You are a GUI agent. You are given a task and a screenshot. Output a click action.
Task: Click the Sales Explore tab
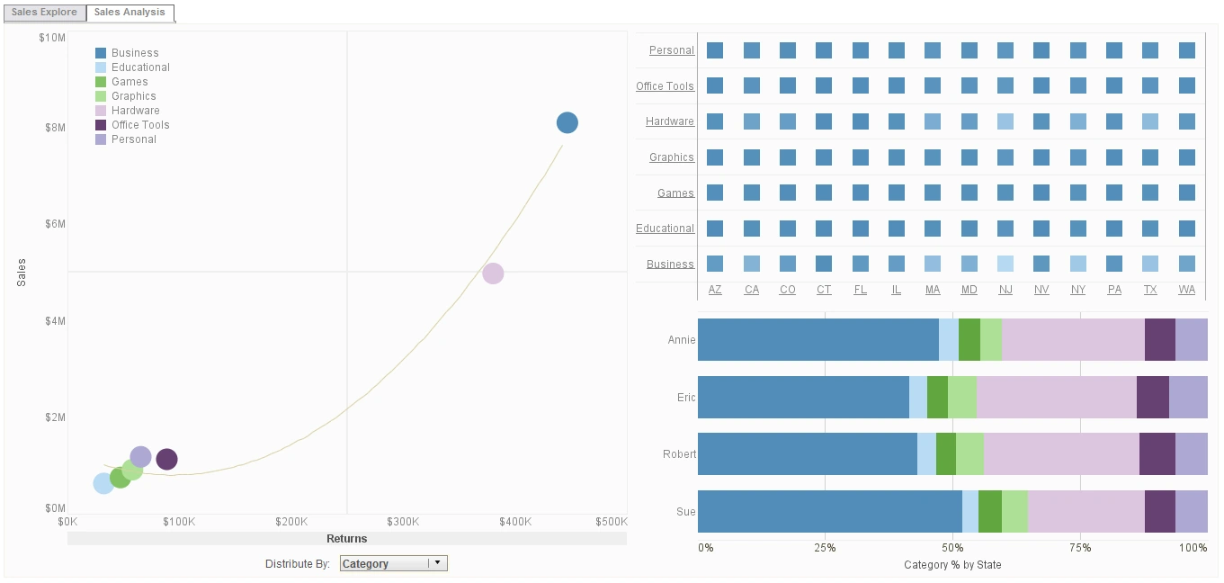pyautogui.click(x=44, y=13)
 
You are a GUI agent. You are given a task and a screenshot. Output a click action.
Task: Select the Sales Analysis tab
pyautogui.click(x=130, y=13)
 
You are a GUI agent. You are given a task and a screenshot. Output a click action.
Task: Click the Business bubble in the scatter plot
pyautogui.click(x=567, y=123)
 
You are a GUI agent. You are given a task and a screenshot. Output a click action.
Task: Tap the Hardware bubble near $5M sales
pyautogui.click(x=493, y=274)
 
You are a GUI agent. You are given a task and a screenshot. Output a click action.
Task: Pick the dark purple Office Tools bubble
pyautogui.click(x=166, y=460)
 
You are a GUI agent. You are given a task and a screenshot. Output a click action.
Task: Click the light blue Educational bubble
pyautogui.click(x=103, y=484)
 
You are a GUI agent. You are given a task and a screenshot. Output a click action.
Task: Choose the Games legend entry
pyautogui.click(x=129, y=82)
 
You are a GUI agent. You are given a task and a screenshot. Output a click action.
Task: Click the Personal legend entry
pyautogui.click(x=133, y=139)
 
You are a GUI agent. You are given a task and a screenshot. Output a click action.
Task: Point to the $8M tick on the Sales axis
pyautogui.click(x=54, y=128)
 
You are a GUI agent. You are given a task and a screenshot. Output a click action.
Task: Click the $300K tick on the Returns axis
pyautogui.click(x=403, y=522)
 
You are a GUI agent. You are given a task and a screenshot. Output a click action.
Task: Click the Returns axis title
pyautogui.click(x=347, y=539)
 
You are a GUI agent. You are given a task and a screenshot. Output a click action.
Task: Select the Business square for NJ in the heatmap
pyautogui.click(x=1005, y=264)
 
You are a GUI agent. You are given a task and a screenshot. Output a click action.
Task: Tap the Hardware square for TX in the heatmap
pyautogui.click(x=1150, y=121)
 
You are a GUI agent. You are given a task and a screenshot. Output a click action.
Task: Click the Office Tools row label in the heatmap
pyautogui.click(x=665, y=86)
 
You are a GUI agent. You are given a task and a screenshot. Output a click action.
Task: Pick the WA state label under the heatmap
pyautogui.click(x=1186, y=290)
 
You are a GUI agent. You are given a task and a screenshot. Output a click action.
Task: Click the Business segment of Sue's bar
pyautogui.click(x=829, y=511)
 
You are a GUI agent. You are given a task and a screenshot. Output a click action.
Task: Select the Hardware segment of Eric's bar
pyautogui.click(x=1056, y=397)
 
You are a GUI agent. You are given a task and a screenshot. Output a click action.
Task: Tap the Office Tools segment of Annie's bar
pyautogui.click(x=1159, y=339)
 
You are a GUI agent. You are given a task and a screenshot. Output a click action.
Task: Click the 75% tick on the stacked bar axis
pyautogui.click(x=1080, y=548)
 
